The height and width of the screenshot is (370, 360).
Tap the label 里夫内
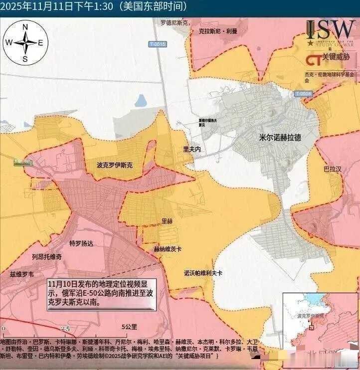click(x=192, y=149)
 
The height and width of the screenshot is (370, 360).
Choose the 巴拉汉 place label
click(x=333, y=170)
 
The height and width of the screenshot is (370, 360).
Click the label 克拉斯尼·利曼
click(x=217, y=31)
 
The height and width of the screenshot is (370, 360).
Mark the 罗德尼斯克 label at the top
click(x=175, y=23)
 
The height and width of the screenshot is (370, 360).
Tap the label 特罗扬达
click(x=81, y=243)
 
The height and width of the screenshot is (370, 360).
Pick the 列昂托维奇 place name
click(x=46, y=257)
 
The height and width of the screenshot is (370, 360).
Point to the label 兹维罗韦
click(x=22, y=274)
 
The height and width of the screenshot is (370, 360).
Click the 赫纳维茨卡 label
click(x=168, y=248)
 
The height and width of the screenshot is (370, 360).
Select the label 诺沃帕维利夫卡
click(x=203, y=273)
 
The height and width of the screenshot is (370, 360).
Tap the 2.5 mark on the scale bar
click(x=65, y=329)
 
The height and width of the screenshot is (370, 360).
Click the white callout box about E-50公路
click(x=101, y=293)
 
